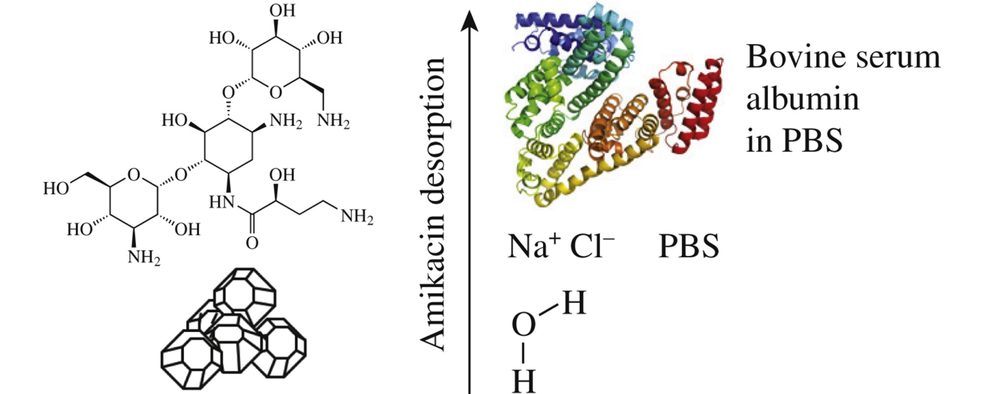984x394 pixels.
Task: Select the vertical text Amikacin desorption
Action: pos(432,204)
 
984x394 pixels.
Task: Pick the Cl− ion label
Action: pos(592,246)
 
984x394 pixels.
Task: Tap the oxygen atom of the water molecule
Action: pos(524,324)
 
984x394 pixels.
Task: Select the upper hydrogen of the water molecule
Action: pos(574,304)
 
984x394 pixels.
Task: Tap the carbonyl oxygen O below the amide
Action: pos(252,243)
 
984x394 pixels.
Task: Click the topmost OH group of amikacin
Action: pos(282,10)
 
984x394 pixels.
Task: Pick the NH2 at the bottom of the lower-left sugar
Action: pos(144,257)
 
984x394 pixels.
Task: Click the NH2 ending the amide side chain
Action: pos(357,217)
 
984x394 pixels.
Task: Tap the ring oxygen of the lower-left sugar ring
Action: pos(133,175)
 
